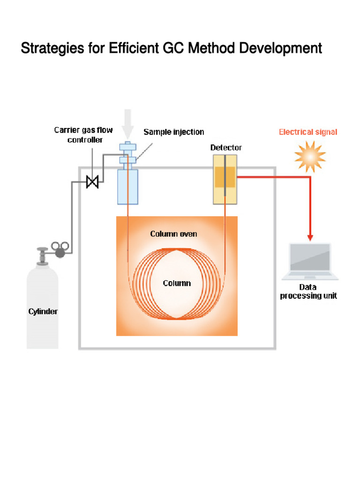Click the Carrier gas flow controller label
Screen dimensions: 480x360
pyautogui.click(x=83, y=135)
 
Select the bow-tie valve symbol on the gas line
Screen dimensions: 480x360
pyautogui.click(x=92, y=181)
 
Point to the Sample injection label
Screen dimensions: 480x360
pyautogui.click(x=173, y=132)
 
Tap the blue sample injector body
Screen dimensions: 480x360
pyautogui.click(x=127, y=186)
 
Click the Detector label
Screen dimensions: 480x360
pyautogui.click(x=226, y=148)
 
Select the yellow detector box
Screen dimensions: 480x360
pyautogui.click(x=225, y=179)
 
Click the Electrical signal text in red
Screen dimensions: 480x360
pyautogui.click(x=308, y=132)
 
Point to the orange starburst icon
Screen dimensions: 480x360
pyautogui.click(x=310, y=157)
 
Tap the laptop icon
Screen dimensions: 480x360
pyautogui.click(x=310, y=261)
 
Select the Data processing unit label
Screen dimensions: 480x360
pyautogui.click(x=308, y=291)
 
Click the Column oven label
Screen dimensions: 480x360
pyautogui.click(x=173, y=233)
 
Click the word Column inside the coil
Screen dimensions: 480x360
pyautogui.click(x=177, y=283)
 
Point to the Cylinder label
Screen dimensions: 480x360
pyautogui.click(x=43, y=311)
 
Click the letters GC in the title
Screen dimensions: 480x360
pyautogui.click(x=175, y=48)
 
